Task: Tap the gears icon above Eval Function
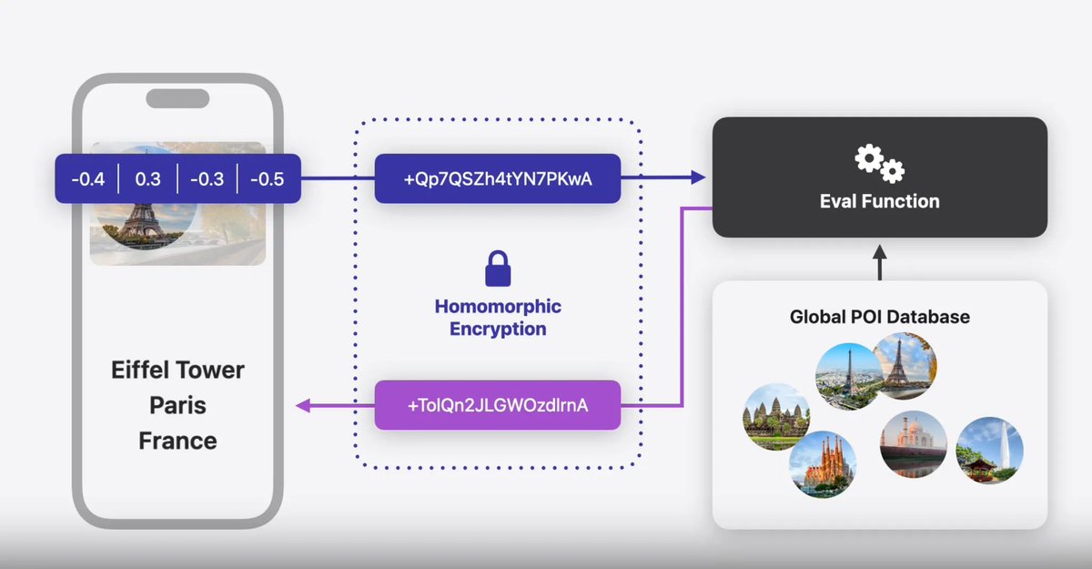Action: pyautogui.click(x=879, y=164)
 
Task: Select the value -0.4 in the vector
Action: pyautogui.click(x=88, y=178)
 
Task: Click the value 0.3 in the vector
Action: pyautogui.click(x=147, y=178)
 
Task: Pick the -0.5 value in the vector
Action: pyautogui.click(x=266, y=178)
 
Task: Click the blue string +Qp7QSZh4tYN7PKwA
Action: pyautogui.click(x=498, y=178)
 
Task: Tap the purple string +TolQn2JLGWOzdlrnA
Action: pyautogui.click(x=498, y=405)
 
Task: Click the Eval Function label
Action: pyautogui.click(x=879, y=200)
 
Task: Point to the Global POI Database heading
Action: pyautogui.click(x=879, y=317)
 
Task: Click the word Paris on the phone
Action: pyautogui.click(x=177, y=405)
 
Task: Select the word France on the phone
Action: pyautogui.click(x=177, y=441)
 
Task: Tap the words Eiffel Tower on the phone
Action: pyautogui.click(x=177, y=371)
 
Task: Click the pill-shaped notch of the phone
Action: pyautogui.click(x=177, y=98)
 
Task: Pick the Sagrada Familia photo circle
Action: pyautogui.click(x=823, y=464)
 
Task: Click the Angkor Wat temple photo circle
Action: pyautogui.click(x=775, y=416)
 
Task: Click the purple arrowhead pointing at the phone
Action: pyautogui.click(x=303, y=405)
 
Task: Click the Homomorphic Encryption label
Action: pyautogui.click(x=498, y=317)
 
